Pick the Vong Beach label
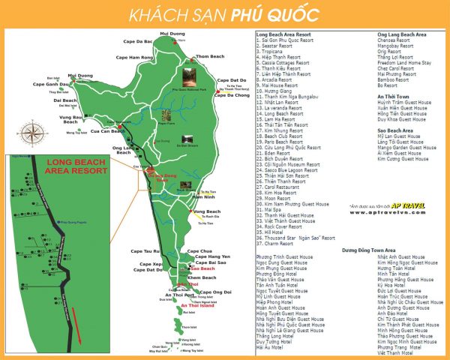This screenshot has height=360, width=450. [207, 212]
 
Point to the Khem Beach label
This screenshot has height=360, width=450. [202, 277]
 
